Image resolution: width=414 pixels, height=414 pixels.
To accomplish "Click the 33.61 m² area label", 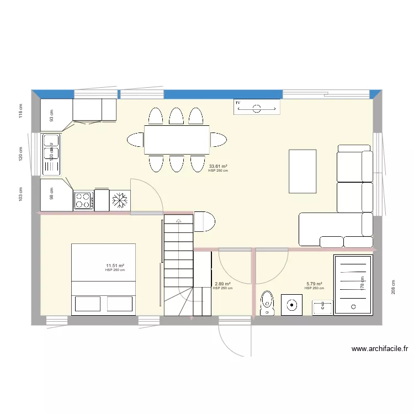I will coord(218,166).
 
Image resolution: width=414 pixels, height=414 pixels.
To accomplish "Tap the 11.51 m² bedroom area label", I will coord(115,266).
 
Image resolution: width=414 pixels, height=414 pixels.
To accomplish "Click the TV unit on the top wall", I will coord(257,107).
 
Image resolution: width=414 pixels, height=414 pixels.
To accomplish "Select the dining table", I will coord(177,140).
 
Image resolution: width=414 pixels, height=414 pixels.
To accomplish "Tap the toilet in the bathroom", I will coord(267,303).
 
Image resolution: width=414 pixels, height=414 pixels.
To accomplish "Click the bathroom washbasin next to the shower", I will coord(322,307).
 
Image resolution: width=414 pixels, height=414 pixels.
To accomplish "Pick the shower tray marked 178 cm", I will coord(353,284).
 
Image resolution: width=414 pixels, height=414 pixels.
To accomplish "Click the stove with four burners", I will coord(83,200).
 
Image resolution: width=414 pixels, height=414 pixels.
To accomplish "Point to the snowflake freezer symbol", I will coord(119,200).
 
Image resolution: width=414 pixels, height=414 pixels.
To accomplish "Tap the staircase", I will coord(178,265).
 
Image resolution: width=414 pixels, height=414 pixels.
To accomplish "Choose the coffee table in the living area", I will coord(302,171).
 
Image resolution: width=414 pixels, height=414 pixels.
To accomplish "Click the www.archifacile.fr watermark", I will coord(379,349).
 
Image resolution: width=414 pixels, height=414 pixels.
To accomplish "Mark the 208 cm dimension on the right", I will coord(394,286).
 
